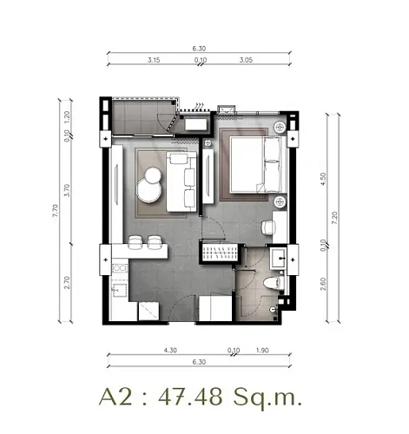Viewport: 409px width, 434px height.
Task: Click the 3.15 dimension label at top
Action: pyautogui.click(x=155, y=62)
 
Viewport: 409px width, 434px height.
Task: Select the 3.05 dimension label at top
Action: pyautogui.click(x=247, y=62)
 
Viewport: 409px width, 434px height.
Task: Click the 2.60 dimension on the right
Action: pyautogui.click(x=323, y=284)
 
